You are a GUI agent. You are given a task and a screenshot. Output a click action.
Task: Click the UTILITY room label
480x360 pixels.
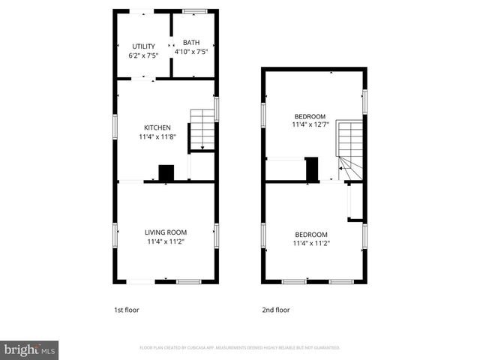143,46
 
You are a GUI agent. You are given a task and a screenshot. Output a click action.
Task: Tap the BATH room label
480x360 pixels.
191,43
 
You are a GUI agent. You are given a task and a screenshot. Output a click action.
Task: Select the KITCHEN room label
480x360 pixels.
157,127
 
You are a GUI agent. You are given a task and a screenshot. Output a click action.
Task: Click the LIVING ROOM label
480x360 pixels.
166,232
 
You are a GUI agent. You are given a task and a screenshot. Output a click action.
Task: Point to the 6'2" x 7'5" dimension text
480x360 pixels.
143,56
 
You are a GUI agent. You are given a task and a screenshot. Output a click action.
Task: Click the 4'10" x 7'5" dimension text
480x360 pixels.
191,52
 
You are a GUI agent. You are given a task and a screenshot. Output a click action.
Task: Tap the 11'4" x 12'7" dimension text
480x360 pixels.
310,126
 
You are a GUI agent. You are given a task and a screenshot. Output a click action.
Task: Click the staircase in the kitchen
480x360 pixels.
201,130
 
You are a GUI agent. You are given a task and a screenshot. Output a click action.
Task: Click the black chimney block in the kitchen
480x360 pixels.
166,172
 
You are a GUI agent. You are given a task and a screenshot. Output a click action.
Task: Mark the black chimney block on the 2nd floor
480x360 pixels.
311,169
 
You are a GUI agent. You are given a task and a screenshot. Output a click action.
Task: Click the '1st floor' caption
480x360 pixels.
126,310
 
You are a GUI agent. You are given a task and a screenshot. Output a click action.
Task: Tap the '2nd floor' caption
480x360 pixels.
275,310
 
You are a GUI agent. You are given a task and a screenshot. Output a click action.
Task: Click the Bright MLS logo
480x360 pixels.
30,349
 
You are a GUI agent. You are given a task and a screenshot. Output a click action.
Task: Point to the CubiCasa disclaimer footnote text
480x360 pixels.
240,348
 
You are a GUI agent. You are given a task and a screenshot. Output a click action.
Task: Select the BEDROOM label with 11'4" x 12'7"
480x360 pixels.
310,116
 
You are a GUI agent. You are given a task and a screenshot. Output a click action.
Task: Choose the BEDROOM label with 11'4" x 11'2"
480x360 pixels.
310,233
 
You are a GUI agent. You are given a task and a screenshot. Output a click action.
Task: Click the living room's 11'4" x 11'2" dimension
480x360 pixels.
166,242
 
